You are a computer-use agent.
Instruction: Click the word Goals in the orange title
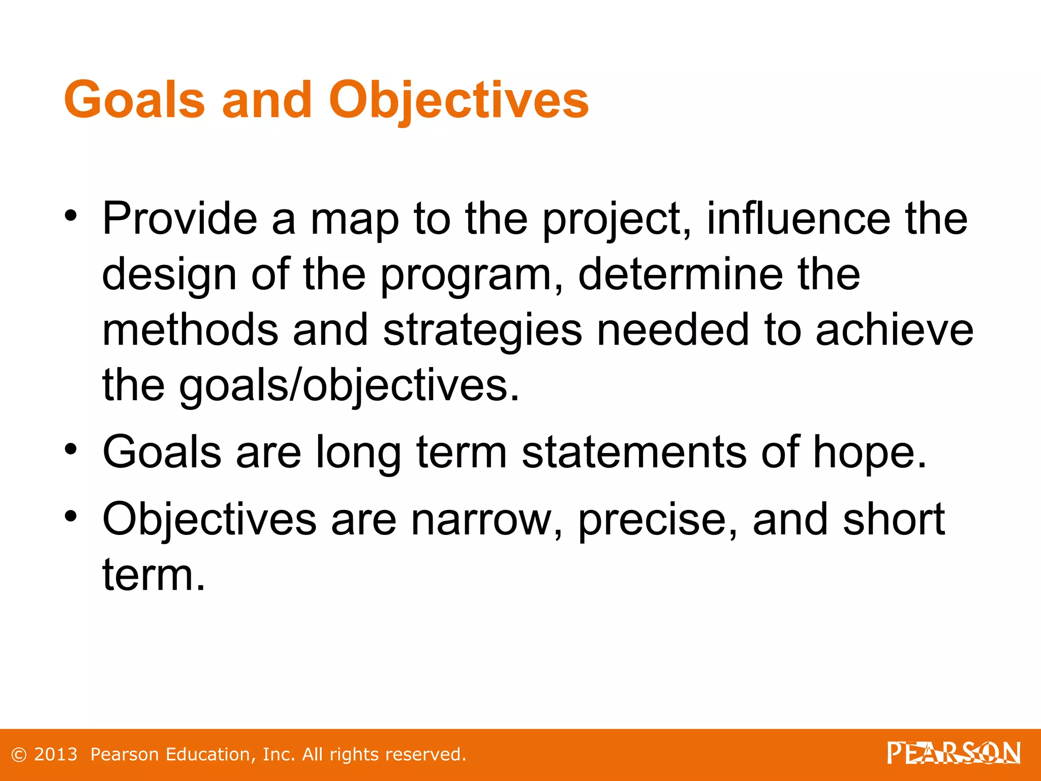point(135,100)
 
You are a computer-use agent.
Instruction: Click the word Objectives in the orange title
point(458,100)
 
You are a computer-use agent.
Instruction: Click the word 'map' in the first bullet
point(355,220)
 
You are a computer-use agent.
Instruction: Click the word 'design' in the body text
point(169,276)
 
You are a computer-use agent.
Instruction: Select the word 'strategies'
point(482,331)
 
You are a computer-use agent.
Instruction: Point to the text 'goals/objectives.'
point(350,386)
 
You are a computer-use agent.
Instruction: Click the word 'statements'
point(634,453)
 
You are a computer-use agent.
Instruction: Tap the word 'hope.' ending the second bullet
point(870,453)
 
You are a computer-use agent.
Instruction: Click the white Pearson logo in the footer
point(954,753)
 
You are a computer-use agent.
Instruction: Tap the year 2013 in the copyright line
point(55,755)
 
